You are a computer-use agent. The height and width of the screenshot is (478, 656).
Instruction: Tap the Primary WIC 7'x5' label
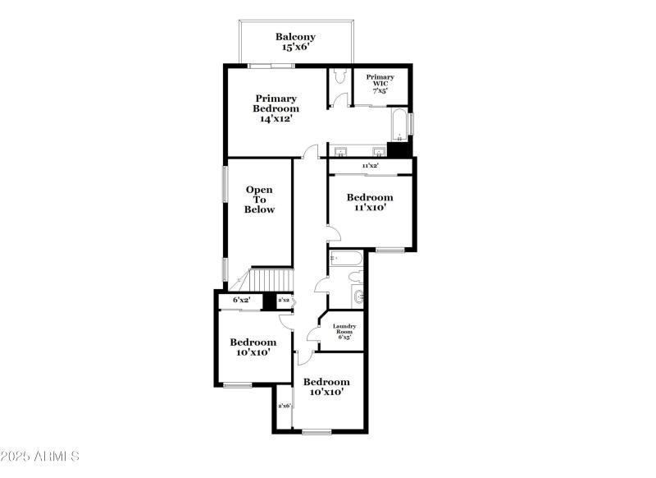tap(380, 82)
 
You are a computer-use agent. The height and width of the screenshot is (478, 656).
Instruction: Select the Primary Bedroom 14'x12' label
tap(276, 108)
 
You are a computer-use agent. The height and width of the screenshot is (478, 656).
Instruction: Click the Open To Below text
tap(259, 200)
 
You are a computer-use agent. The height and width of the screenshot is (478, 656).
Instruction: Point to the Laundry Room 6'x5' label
tap(344, 331)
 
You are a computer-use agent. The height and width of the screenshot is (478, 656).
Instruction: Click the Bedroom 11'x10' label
tap(369, 203)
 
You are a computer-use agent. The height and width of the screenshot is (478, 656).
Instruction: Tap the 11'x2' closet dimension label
tap(370, 167)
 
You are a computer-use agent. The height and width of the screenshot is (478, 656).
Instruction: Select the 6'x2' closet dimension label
tap(241, 301)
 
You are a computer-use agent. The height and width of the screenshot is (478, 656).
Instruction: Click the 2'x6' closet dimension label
tap(285, 406)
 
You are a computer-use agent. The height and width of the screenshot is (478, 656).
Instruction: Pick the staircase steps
tap(271, 280)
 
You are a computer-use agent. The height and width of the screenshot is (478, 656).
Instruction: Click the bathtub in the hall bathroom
tap(344, 261)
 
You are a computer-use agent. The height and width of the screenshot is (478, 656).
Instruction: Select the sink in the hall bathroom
tap(358, 296)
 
